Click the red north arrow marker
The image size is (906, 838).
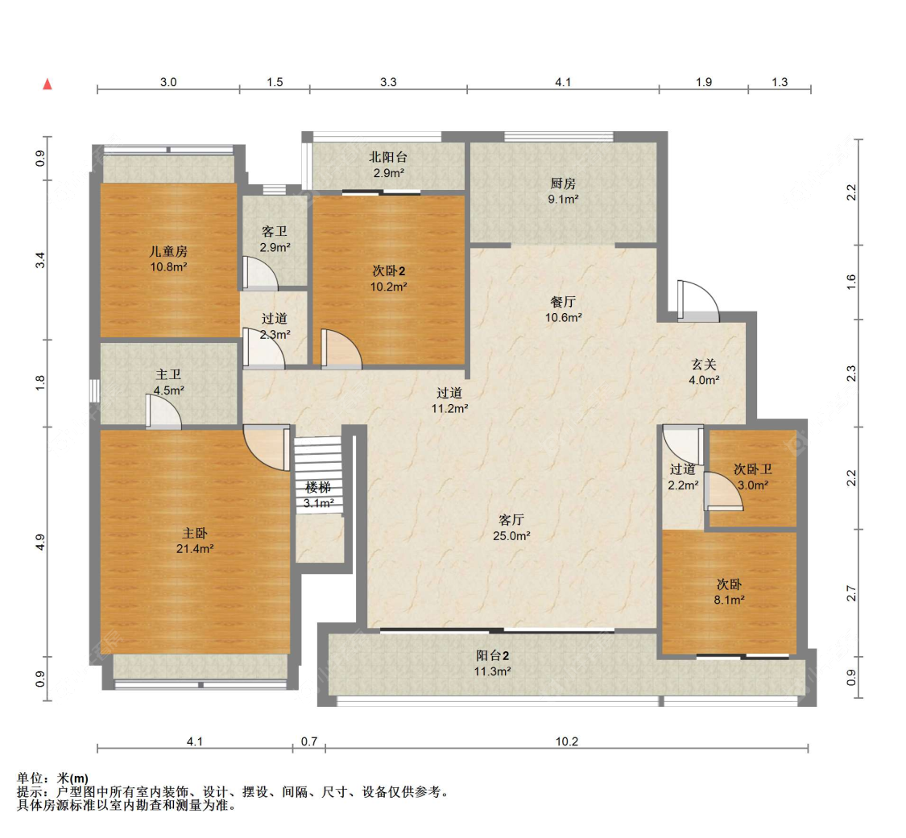click(48, 85)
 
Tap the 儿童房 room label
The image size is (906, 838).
click(168, 251)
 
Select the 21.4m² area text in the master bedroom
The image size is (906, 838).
click(195, 549)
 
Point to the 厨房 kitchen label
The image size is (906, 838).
click(563, 184)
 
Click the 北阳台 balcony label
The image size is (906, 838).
click(388, 157)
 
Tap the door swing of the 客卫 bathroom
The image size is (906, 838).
click(260, 273)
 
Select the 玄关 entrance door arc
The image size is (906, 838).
click(698, 300)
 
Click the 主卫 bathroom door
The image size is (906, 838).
click(163, 412)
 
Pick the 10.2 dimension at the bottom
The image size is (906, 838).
click(567, 741)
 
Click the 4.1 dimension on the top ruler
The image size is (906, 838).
click(563, 82)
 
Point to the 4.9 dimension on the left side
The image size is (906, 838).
click(40, 543)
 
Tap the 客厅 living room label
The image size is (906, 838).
click(511, 520)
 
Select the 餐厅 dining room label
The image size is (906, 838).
click(563, 302)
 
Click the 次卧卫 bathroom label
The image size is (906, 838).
click(753, 469)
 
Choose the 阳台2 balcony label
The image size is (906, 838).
click(492, 655)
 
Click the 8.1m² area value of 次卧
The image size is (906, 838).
click(729, 600)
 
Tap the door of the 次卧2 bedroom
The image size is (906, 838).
click(341, 349)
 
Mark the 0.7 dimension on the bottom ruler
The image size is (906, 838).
click(309, 741)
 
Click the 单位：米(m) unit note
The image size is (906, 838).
click(53, 778)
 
